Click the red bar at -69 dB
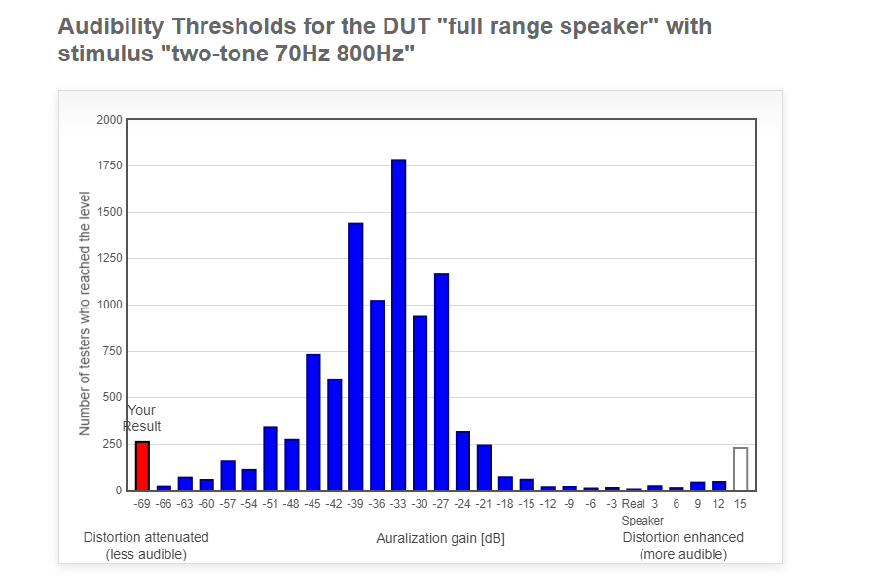point(142,466)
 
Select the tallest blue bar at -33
point(398,325)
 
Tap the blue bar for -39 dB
point(356,357)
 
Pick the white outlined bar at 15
point(740,469)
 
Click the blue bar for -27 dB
point(441,382)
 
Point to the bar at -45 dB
point(313,422)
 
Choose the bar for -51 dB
point(271,459)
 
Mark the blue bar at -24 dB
point(462,461)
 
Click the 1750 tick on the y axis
point(109,165)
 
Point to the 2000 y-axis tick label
point(109,120)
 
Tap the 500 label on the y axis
point(112,397)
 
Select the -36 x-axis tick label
point(377,504)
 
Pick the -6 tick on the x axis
point(591,504)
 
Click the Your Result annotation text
point(141,418)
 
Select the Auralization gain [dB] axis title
point(441,538)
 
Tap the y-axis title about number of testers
point(84,313)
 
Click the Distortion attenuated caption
point(146,545)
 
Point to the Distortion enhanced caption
point(683,545)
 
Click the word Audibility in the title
point(111,27)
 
